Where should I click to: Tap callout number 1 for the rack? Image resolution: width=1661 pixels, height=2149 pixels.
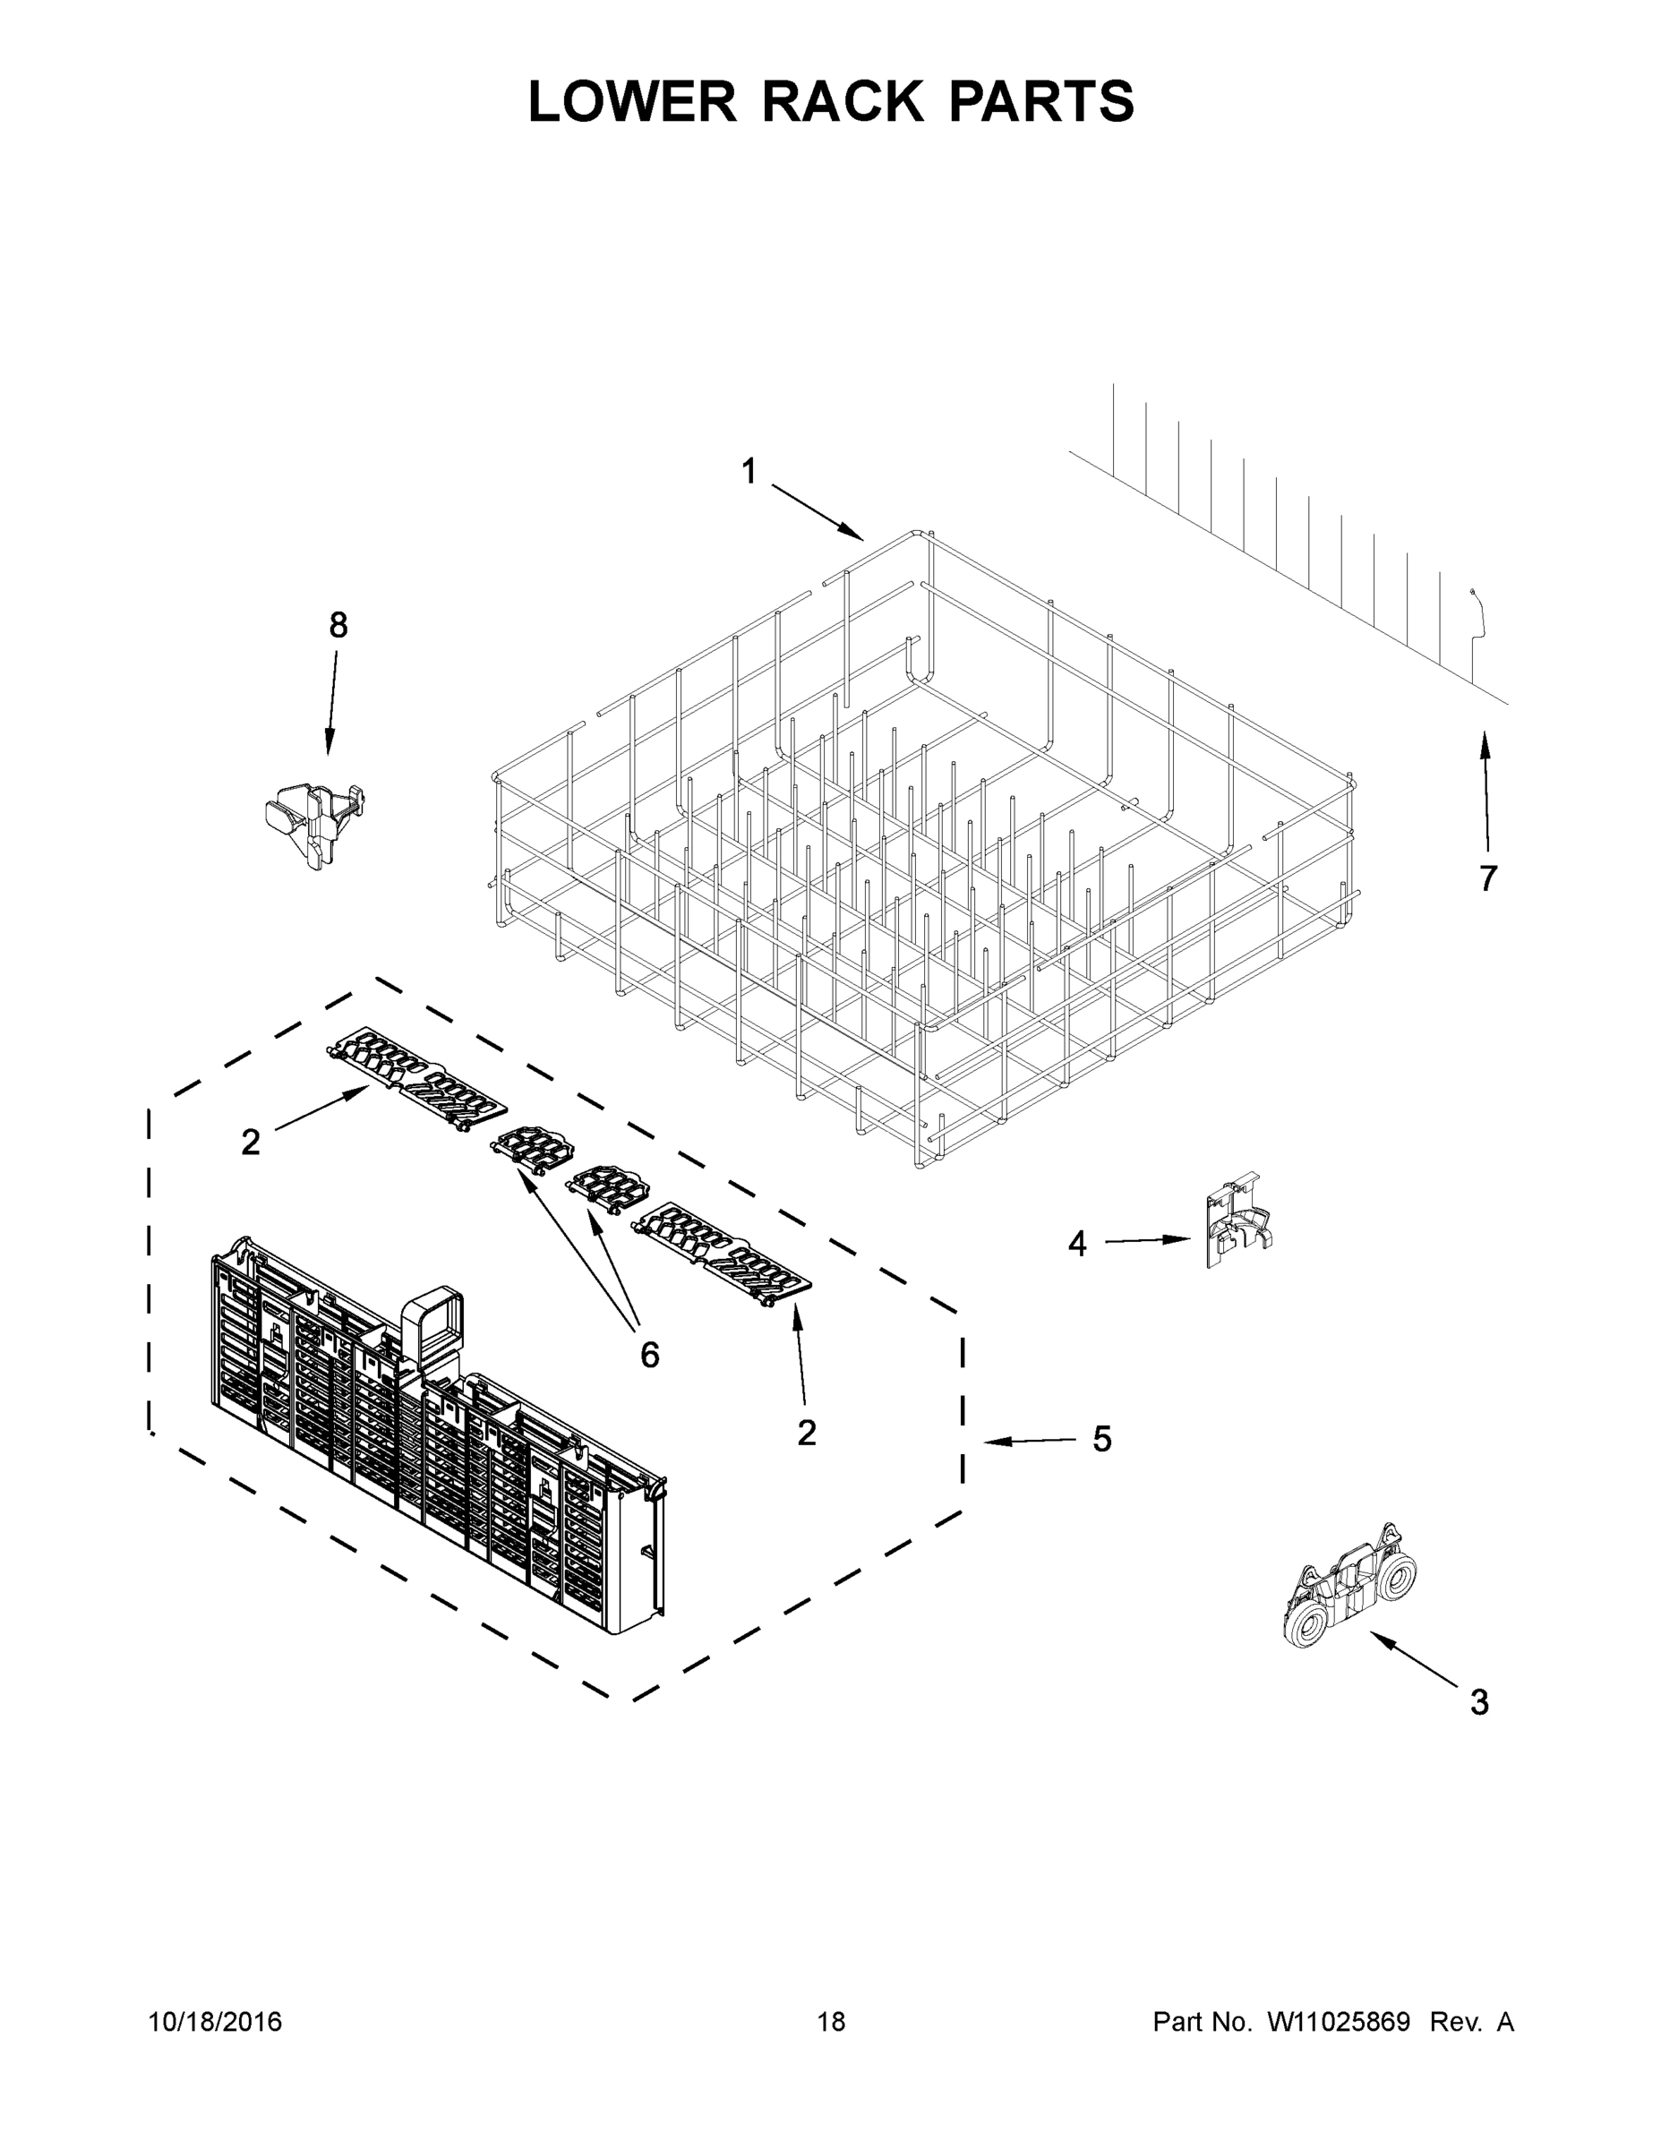749,472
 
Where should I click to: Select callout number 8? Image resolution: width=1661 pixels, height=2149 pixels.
338,625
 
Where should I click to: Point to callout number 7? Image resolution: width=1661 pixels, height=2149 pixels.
1488,878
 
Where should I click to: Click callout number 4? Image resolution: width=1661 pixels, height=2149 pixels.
1077,1245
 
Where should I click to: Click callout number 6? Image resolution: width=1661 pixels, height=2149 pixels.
649,1356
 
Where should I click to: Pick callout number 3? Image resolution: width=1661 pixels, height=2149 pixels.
1479,1702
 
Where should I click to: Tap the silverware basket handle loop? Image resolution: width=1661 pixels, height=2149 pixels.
430,1323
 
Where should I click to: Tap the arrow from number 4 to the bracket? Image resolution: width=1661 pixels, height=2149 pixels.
1146,1241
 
